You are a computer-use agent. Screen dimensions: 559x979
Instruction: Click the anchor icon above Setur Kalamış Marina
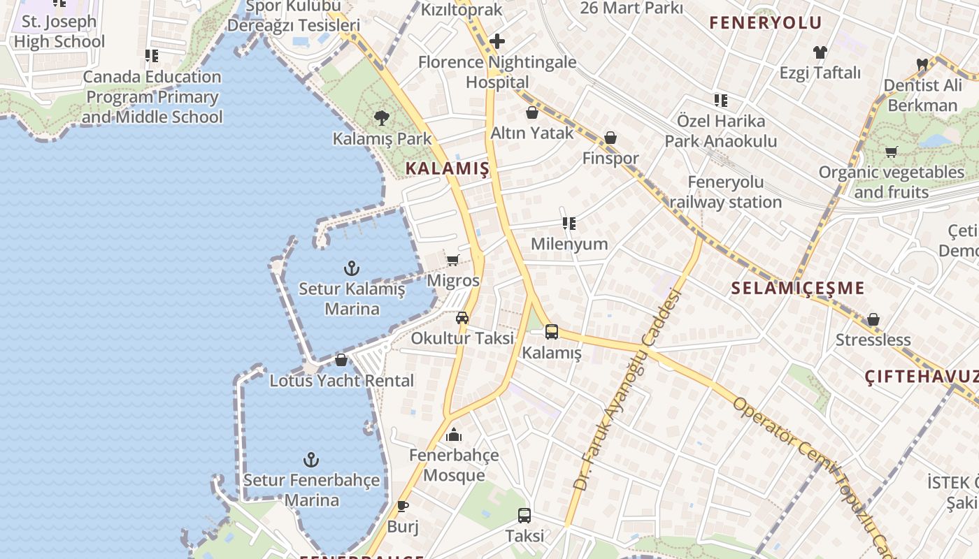click(352, 268)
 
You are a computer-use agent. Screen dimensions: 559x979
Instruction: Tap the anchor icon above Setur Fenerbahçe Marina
click(311, 460)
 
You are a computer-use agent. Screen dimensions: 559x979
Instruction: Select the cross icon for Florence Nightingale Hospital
click(497, 41)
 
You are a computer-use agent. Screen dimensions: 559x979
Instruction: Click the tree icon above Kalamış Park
click(382, 117)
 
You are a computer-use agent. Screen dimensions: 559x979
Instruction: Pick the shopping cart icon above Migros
click(452, 260)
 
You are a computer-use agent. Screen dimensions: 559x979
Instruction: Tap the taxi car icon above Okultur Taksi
click(462, 318)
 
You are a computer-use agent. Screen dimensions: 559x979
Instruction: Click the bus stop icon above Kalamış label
click(552, 332)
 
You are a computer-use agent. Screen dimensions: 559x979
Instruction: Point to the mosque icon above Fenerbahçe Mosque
click(454, 435)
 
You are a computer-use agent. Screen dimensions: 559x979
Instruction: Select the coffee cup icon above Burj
click(403, 506)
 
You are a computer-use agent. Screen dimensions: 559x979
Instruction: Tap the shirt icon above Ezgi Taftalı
click(820, 52)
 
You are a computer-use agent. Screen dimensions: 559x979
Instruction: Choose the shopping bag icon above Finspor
click(610, 138)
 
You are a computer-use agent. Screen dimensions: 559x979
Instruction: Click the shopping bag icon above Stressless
click(873, 320)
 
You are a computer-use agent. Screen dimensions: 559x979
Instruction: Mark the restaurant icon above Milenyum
click(569, 224)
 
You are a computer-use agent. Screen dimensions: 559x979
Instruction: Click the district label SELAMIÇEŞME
click(798, 288)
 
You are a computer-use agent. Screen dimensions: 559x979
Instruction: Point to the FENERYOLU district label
click(766, 22)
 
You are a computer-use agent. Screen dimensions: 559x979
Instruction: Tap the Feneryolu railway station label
click(726, 192)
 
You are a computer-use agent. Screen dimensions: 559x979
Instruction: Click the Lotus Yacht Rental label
click(342, 381)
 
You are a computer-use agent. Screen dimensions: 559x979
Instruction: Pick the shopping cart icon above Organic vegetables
click(891, 152)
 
